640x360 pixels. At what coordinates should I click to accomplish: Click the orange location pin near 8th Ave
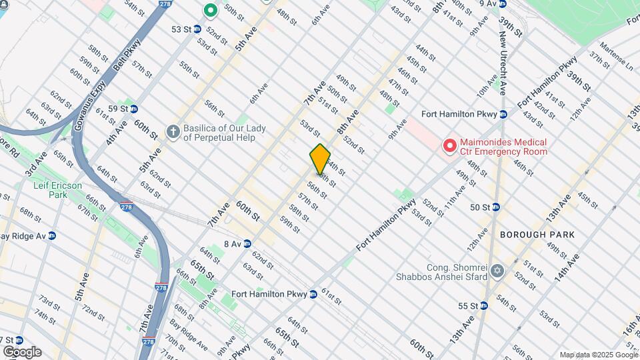(320, 159)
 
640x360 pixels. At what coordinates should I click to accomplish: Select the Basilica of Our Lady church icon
(173, 131)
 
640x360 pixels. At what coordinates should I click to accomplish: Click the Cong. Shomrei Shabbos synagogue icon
(497, 271)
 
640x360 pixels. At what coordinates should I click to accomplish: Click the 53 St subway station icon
(199, 29)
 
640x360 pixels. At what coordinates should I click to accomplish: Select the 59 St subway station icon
(133, 109)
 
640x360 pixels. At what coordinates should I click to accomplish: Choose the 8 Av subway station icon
(247, 244)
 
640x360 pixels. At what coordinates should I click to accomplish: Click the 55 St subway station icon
(484, 306)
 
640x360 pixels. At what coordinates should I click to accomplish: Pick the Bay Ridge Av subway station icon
(52, 235)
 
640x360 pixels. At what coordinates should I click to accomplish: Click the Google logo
(21, 352)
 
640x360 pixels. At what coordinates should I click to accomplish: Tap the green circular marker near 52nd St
(211, 10)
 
